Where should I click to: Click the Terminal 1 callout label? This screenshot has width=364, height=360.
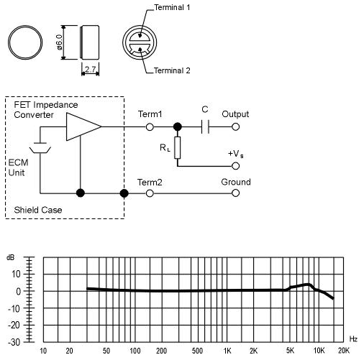(172, 7)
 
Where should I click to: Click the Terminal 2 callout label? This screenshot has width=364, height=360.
(172, 70)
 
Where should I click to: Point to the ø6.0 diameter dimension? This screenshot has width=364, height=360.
(59, 42)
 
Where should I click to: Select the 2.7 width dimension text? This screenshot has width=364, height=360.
(90, 69)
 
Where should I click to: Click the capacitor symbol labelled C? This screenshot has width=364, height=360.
(205, 126)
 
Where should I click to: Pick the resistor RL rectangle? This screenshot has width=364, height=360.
(178, 147)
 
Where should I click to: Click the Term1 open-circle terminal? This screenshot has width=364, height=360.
(150, 126)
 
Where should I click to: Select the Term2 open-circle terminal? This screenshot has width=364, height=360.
(150, 193)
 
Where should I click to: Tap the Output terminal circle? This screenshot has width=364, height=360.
(235, 126)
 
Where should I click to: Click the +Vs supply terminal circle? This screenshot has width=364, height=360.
(235, 166)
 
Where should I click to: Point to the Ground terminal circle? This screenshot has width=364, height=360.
(235, 193)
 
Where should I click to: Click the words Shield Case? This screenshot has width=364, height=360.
(38, 210)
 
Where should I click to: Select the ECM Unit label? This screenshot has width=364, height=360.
(18, 167)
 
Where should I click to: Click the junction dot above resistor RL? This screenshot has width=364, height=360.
(178, 126)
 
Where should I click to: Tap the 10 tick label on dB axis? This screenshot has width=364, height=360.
(16, 274)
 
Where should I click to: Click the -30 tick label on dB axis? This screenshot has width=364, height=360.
(14, 342)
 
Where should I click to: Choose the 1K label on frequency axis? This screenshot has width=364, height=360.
(227, 351)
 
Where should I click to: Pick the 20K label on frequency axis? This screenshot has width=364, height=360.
(344, 351)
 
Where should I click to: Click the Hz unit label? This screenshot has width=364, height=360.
(353, 339)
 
